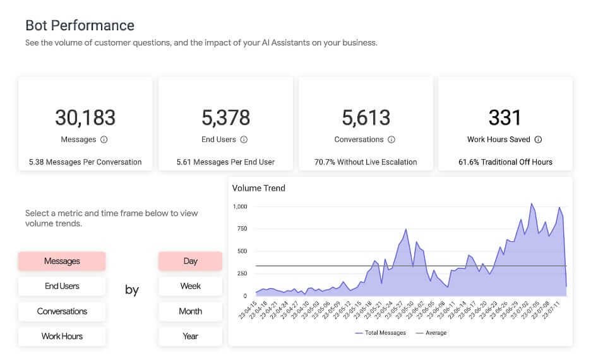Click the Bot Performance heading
click(80, 26)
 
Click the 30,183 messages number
click(85, 117)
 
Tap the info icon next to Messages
click(104, 140)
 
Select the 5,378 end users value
click(225, 117)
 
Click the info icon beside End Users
click(244, 140)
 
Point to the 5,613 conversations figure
click(366, 117)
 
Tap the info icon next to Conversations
click(391, 140)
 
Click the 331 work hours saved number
click(505, 117)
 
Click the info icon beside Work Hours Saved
click(538, 140)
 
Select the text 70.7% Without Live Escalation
click(366, 162)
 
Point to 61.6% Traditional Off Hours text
click(505, 162)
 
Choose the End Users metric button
click(62, 286)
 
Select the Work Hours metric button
click(62, 336)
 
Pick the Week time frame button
click(190, 286)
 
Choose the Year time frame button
click(190, 336)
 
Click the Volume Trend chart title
click(259, 188)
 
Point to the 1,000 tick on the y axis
click(240, 207)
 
